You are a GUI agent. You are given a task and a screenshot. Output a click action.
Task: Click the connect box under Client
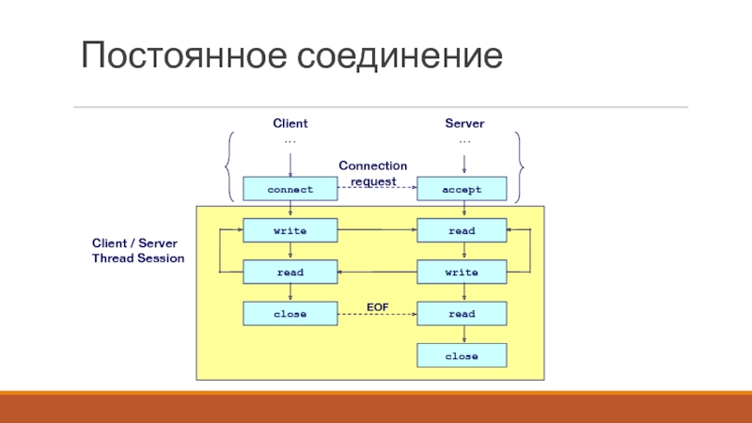[290, 189]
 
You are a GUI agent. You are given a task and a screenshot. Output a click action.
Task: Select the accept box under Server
[462, 189]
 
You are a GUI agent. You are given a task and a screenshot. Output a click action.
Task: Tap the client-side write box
[290, 230]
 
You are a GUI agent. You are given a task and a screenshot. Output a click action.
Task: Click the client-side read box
[290, 273]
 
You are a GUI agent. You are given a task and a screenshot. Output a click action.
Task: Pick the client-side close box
[290, 314]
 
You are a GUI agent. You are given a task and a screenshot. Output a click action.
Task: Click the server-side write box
[462, 273]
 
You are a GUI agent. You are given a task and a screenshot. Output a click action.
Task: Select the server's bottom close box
[462, 356]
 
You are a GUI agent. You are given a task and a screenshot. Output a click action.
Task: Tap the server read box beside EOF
[462, 314]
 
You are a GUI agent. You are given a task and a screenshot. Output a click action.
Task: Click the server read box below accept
[462, 230]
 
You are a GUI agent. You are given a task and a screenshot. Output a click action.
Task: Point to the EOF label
[377, 305]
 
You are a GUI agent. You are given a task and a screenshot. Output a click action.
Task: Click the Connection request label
[373, 173]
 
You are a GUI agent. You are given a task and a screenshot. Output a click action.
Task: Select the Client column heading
[290, 124]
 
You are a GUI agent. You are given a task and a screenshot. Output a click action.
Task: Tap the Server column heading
[464, 124]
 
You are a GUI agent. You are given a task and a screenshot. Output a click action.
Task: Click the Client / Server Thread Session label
[138, 250]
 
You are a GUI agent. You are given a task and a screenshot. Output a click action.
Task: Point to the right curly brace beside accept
[520, 166]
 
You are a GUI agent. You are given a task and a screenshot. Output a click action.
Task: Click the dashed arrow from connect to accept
[376, 189]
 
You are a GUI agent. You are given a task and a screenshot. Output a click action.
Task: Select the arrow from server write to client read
[376, 273]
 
